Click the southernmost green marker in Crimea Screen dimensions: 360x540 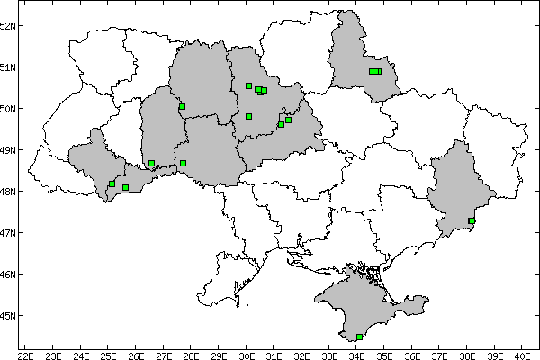[x=360, y=337]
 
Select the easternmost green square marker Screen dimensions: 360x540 [x=472, y=220]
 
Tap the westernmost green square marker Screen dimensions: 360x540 [x=112, y=184]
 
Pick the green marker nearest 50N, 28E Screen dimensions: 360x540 [x=182, y=106]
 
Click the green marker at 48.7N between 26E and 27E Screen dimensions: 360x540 [x=151, y=163]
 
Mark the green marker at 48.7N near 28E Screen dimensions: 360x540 [x=183, y=163]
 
